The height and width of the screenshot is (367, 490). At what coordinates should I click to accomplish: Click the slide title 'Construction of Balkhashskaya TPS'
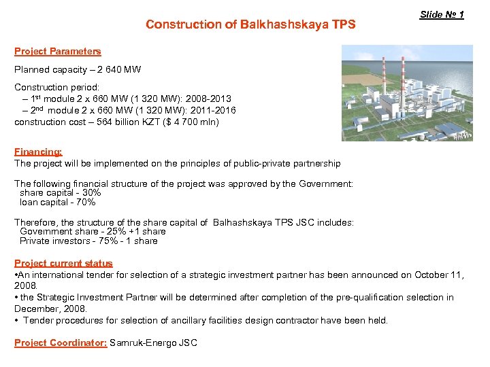click(250, 24)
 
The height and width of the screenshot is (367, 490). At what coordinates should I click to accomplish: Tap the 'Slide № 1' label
click(442, 14)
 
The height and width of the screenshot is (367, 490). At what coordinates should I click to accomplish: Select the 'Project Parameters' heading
click(58, 51)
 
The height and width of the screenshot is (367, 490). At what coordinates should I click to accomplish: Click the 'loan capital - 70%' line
click(58, 202)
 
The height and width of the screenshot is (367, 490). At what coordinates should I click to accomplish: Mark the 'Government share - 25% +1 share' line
click(93, 231)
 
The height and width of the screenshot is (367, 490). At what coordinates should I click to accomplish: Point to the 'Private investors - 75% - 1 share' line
click(88, 241)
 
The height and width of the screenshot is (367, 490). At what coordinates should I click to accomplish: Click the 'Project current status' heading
click(63, 263)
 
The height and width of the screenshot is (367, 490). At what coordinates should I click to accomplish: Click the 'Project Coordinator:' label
click(61, 343)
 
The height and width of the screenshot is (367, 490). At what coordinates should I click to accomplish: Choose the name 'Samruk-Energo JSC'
click(153, 343)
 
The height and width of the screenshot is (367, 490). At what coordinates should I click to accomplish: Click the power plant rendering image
click(406, 93)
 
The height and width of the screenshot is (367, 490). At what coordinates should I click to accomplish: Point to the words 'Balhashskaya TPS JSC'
click(259, 222)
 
